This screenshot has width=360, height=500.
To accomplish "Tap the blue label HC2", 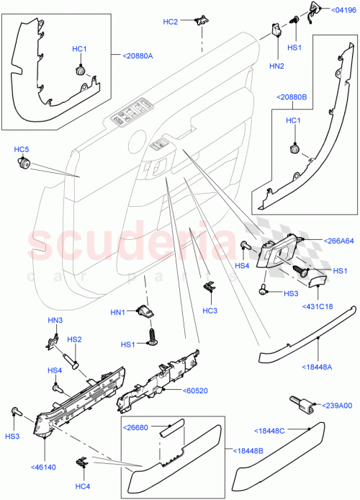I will [x=170, y=22].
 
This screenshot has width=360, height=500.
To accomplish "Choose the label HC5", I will [x=22, y=150].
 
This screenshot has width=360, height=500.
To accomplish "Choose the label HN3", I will [x=56, y=321].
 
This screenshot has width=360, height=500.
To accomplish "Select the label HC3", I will [x=210, y=311].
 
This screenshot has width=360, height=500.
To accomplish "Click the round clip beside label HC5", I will [x=23, y=166].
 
